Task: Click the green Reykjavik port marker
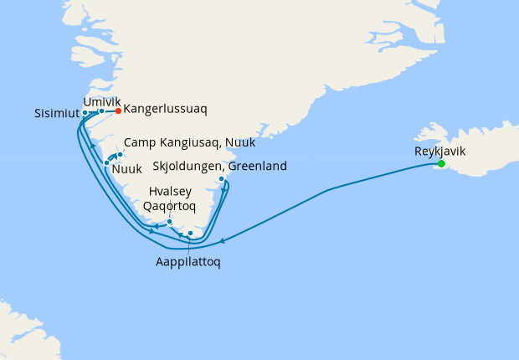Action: (x=441, y=164)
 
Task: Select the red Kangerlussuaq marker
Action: (x=119, y=111)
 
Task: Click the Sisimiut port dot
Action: (x=85, y=112)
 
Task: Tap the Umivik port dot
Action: (x=101, y=111)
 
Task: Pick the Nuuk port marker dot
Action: (x=107, y=162)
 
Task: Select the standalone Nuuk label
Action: (x=126, y=169)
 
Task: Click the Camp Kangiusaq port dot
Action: (x=120, y=154)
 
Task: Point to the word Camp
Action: (x=140, y=143)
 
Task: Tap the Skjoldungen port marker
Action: (x=221, y=179)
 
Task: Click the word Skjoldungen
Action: (x=187, y=165)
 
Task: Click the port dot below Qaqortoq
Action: (x=170, y=222)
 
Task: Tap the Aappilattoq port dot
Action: (x=190, y=234)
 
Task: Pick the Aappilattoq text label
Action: (x=189, y=261)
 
